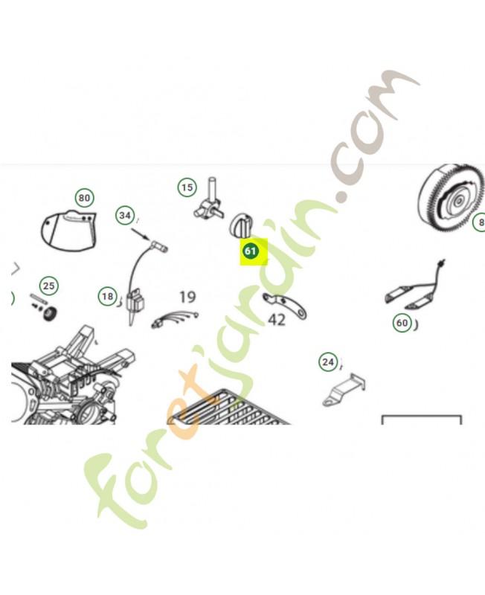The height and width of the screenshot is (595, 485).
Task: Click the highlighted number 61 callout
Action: pyautogui.click(x=250, y=251)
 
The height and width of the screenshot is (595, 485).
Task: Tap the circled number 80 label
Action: pyautogui.click(x=84, y=198)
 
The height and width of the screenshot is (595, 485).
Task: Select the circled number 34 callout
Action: pyautogui.click(x=125, y=216)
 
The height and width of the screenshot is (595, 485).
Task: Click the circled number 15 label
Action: pyautogui.click(x=187, y=187)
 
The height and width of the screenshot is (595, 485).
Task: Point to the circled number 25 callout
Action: pyautogui.click(x=49, y=286)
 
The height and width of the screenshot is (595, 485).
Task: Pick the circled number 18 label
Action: pyautogui.click(x=108, y=297)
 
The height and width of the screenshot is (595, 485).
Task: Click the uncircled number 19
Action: pyautogui.click(x=187, y=297)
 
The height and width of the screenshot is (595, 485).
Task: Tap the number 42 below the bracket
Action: pyautogui.click(x=277, y=320)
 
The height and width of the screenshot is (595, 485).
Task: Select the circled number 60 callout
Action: pyautogui.click(x=402, y=323)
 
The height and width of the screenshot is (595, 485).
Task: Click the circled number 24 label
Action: pyautogui.click(x=328, y=362)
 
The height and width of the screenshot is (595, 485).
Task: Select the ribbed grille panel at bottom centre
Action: pyautogui.click(x=231, y=408)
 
